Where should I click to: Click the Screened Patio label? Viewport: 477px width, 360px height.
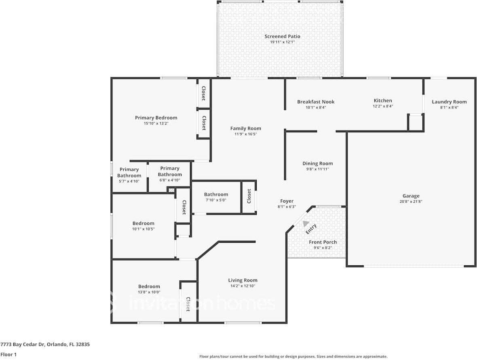click(x=282, y=36)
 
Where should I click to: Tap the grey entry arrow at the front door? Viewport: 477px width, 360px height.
click(x=306, y=224)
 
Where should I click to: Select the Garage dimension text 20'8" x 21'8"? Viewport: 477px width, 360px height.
click(x=411, y=201)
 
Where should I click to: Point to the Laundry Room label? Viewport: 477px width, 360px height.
click(x=449, y=102)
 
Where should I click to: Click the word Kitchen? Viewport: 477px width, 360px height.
click(x=382, y=101)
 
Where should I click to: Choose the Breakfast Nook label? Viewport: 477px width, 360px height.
click(x=316, y=102)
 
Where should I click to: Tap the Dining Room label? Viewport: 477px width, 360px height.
click(x=317, y=164)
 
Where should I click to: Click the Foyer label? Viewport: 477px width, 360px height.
click(x=287, y=201)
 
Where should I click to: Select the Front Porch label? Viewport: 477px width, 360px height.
click(x=323, y=242)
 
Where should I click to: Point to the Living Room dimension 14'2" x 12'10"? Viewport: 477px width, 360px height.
click(x=243, y=286)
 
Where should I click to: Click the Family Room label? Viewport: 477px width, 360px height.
click(x=246, y=129)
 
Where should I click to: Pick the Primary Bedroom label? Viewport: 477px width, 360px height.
click(x=156, y=118)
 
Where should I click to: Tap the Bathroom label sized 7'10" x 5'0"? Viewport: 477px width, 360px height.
click(x=216, y=195)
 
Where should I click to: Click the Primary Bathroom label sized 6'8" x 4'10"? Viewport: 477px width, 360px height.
click(x=170, y=172)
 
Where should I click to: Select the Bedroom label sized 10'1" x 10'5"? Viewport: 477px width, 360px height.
click(x=144, y=223)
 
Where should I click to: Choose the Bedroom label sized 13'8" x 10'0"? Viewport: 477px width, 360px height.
click(x=149, y=286)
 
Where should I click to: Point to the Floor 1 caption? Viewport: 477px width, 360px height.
click(x=8, y=354)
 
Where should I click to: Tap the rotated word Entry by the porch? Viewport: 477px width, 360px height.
click(x=311, y=229)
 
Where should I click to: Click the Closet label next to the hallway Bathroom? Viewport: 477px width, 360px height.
click(x=249, y=196)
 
